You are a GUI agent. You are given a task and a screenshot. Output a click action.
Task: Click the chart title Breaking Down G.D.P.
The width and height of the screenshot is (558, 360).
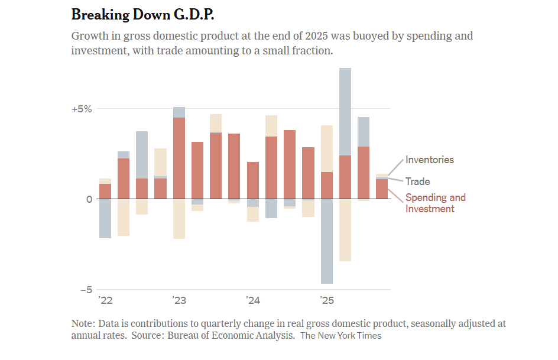pyautogui.click(x=143, y=14)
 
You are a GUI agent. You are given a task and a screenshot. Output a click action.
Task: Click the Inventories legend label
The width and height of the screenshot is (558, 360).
pyautogui.click(x=429, y=160)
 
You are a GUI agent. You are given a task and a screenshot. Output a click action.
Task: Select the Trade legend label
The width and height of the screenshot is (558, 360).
pyautogui.click(x=417, y=181)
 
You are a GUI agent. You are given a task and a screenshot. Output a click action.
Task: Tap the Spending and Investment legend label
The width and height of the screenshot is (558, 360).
pyautogui.click(x=435, y=203)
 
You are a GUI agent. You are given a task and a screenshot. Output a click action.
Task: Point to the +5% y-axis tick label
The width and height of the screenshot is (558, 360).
pyautogui.click(x=82, y=109)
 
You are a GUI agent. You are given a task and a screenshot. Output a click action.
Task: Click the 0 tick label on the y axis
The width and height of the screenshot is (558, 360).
pyautogui.click(x=89, y=199)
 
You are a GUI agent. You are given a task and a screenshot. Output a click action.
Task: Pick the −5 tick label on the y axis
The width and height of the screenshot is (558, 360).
pyautogui.click(x=86, y=290)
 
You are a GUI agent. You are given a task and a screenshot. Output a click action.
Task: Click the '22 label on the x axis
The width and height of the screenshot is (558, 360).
pyautogui.click(x=105, y=301)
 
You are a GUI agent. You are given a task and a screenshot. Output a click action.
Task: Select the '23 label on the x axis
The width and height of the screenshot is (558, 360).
pyautogui.click(x=179, y=301)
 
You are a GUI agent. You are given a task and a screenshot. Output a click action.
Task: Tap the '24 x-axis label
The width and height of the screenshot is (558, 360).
pyautogui.click(x=253, y=301)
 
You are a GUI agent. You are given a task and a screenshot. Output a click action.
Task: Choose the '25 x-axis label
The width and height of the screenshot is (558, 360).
pyautogui.click(x=326, y=301)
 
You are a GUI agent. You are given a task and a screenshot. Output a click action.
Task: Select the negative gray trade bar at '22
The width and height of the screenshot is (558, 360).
pyautogui.click(x=105, y=219)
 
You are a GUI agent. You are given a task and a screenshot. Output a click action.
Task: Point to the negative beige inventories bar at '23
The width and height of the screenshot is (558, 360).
pyautogui.click(x=179, y=219)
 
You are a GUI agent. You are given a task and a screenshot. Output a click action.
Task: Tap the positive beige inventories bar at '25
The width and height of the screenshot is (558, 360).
pyautogui.click(x=326, y=148)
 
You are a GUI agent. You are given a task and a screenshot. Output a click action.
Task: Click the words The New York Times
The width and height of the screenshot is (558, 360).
pyautogui.click(x=340, y=336)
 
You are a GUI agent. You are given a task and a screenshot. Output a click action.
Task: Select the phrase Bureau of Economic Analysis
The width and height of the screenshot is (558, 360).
pyautogui.click(x=231, y=336)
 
